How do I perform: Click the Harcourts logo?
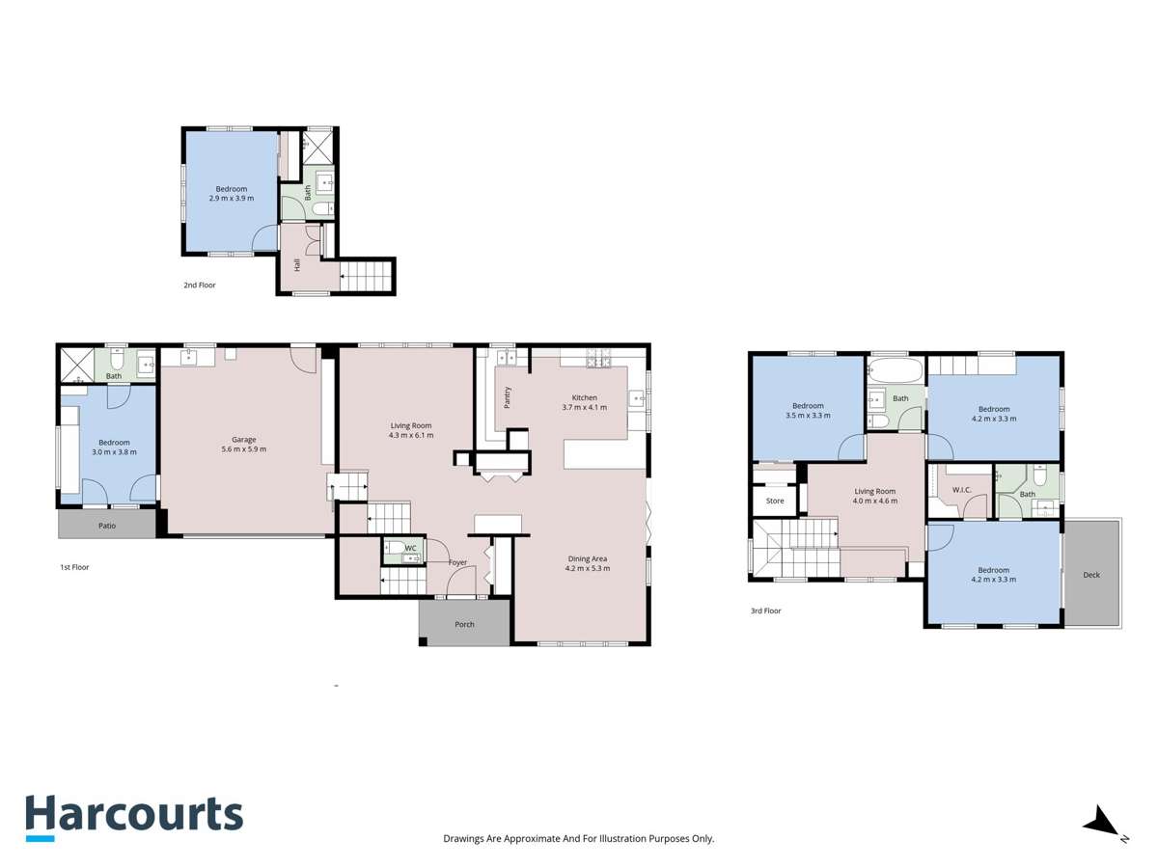[x=133, y=816]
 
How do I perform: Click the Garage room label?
[x=243, y=440]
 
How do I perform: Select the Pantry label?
[x=507, y=396]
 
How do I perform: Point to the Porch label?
[x=464, y=624]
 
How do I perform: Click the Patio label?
[x=107, y=526]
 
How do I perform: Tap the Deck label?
[x=1091, y=575]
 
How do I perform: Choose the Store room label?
[x=775, y=502]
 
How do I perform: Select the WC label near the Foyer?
[x=410, y=548]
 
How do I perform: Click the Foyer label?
[x=457, y=562]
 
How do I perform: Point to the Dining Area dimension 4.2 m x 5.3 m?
[x=587, y=569]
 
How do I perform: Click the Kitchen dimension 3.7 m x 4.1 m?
[x=584, y=408]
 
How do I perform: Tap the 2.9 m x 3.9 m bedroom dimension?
[x=232, y=199]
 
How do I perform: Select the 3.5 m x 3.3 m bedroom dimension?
[x=808, y=416]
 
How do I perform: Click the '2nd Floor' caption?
[x=200, y=285]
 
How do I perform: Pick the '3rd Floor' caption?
[x=766, y=610]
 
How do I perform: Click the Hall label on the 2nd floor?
[x=296, y=264]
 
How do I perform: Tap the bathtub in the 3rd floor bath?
[x=895, y=369]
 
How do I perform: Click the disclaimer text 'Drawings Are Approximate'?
[x=578, y=839]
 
